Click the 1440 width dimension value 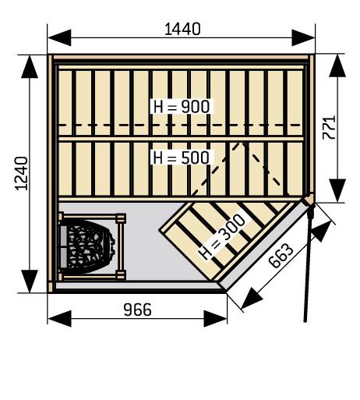click(x=182, y=29)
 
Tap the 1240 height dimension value click(x=22, y=173)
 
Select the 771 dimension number click(x=329, y=128)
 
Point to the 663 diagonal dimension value click(x=281, y=256)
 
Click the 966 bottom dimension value click(x=137, y=310)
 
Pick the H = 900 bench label click(x=182, y=107)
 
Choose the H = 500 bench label click(x=182, y=158)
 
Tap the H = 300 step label click(x=222, y=237)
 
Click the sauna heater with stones click(x=87, y=246)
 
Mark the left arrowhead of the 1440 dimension click(x=59, y=37)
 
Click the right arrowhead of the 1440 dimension click(x=303, y=37)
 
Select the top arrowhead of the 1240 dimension click(x=30, y=67)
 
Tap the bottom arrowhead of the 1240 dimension click(x=30, y=281)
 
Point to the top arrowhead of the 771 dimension click(x=337, y=65)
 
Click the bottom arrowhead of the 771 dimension click(x=337, y=190)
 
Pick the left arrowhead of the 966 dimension click(x=59, y=318)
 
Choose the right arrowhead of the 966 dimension click(x=216, y=318)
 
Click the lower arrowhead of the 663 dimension click(x=251, y=299)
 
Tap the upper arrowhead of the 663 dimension click(x=322, y=231)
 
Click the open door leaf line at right click(x=309, y=263)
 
